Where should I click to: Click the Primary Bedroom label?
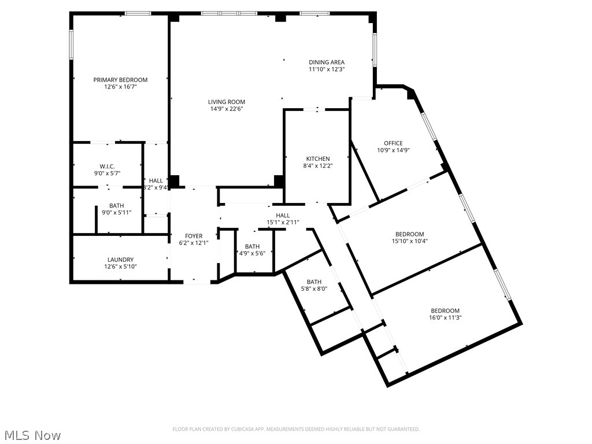pos(120,80)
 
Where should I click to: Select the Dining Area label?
pos(326,62)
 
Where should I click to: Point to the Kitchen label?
pos(318,158)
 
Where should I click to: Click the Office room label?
pos(393,143)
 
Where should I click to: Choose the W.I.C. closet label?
pos(107,166)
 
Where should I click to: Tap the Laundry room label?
pos(120,260)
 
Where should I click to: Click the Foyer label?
pos(194,236)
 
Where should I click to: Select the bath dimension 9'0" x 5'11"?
pos(116,213)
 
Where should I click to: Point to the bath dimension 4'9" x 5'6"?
pos(252,253)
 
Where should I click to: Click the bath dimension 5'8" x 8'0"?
pos(314,289)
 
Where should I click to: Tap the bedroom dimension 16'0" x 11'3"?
pos(445,317)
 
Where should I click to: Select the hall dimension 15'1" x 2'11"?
pos(283,223)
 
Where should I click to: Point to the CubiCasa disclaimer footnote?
pos(296,429)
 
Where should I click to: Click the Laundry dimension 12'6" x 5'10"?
pos(120,267)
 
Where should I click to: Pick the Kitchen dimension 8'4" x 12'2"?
pos(318,165)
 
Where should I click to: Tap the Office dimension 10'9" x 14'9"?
pos(393,150)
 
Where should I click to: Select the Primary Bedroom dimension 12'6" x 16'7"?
pos(120,87)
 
